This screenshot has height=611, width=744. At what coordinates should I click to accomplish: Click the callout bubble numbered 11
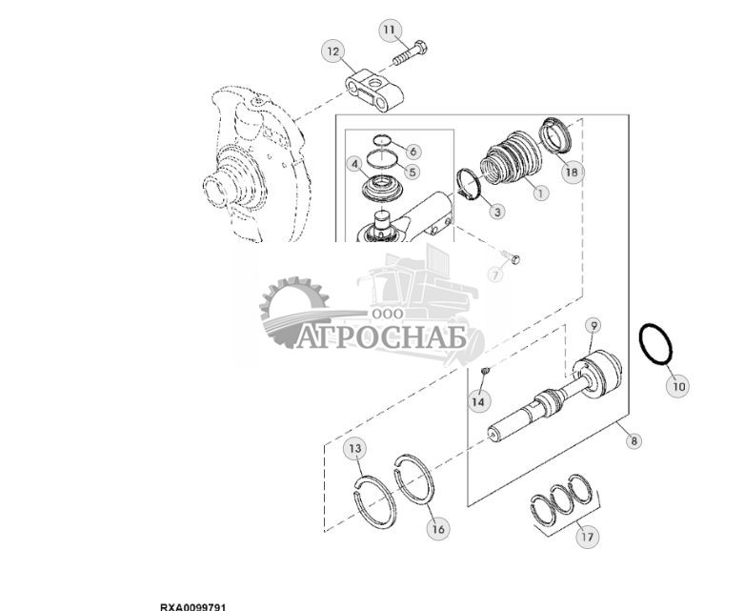pyautogui.click(x=389, y=30)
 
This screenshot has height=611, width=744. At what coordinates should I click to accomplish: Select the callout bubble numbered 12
pyautogui.click(x=332, y=51)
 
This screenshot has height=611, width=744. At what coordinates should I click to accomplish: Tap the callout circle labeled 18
pyautogui.click(x=572, y=172)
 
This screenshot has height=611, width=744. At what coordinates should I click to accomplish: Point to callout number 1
pyautogui.click(x=540, y=193)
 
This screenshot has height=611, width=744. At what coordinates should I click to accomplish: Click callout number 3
pyautogui.click(x=497, y=211)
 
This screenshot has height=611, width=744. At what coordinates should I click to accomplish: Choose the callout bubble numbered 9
pyautogui.click(x=592, y=326)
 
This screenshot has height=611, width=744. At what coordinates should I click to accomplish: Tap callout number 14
pyautogui.click(x=477, y=401)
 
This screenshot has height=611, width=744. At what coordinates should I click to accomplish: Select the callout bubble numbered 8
pyautogui.click(x=634, y=440)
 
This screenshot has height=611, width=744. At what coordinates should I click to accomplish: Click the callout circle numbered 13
pyautogui.click(x=354, y=448)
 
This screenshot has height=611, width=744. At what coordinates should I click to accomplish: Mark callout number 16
pyautogui.click(x=436, y=526)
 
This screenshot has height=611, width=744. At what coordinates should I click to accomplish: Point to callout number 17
pyautogui.click(x=587, y=537)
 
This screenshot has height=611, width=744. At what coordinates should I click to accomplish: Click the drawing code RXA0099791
pyautogui.click(x=192, y=605)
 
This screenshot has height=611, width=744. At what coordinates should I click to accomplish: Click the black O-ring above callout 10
pyautogui.click(x=655, y=345)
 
